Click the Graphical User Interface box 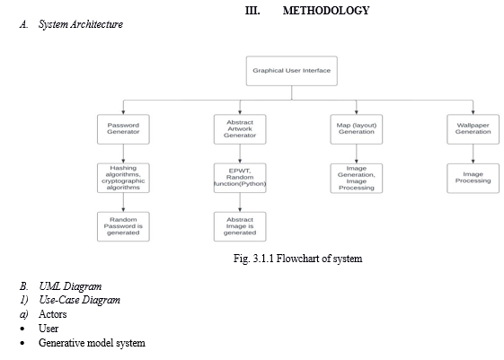tap(292, 71)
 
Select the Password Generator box tap(123, 129)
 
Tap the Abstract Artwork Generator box tap(240, 129)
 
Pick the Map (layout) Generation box tap(357, 129)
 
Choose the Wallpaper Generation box tap(473, 129)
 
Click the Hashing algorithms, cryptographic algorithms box tap(123, 178)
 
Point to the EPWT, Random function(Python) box tap(240, 178)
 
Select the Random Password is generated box tap(123, 226)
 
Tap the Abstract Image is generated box tap(240, 226)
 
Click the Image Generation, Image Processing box tap(357, 179)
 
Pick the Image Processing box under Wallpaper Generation tap(473, 179)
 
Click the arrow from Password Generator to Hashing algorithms tap(123, 154)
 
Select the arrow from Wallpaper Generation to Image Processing tap(473, 154)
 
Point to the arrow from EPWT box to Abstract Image tap(240, 202)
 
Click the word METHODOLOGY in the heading tap(326, 11)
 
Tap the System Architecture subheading tap(81, 24)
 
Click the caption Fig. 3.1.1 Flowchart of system tap(298, 259)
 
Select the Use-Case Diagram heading tap(79, 300)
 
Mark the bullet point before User tap(22, 329)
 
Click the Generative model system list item tap(92, 343)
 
